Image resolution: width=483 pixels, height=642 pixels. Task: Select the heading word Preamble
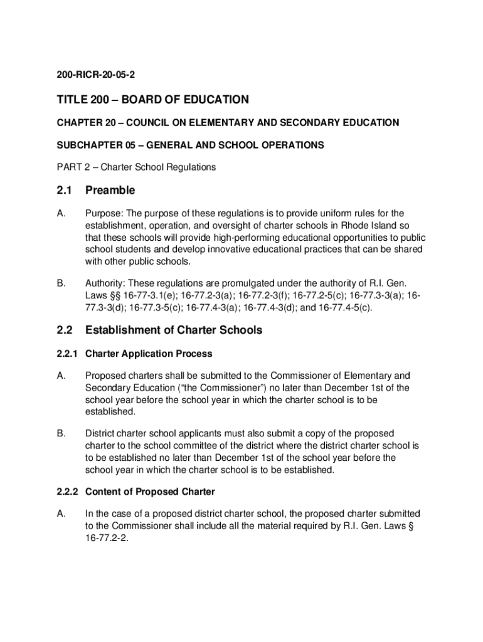coord(110,190)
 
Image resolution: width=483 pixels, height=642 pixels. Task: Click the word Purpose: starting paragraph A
coord(104,213)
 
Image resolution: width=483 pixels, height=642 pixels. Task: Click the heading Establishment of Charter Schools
coord(174,330)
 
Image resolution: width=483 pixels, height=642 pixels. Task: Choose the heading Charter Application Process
coord(149,354)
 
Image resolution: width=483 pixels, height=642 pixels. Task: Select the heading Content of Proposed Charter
coord(150,492)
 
